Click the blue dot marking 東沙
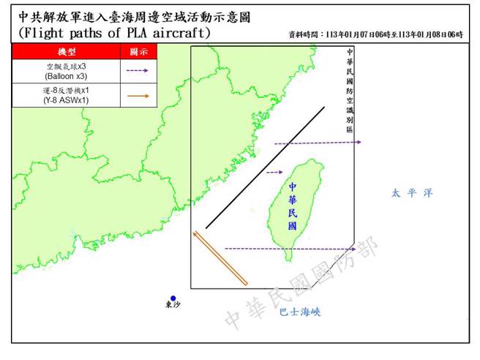tap(173, 298)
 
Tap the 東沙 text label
tap(173, 306)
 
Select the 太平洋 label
tap(411, 193)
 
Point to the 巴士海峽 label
tap(301, 312)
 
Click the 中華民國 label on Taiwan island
tap(293, 207)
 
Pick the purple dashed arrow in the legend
tap(138, 71)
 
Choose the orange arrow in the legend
tap(138, 95)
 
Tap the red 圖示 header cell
tap(138, 52)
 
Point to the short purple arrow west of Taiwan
tap(274, 173)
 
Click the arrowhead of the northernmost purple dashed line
tap(359, 143)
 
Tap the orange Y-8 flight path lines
tap(220, 258)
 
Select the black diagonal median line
tap(265, 168)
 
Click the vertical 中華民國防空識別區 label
tap(349, 89)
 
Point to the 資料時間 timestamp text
tap(376, 35)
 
